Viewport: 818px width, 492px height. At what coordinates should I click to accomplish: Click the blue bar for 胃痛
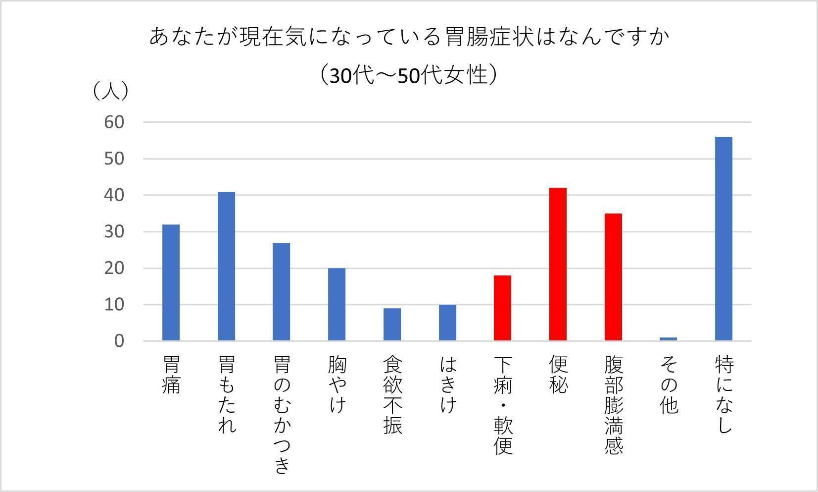point(171,282)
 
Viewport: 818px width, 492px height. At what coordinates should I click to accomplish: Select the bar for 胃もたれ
point(227,266)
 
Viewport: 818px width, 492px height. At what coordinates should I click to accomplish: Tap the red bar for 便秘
point(558,264)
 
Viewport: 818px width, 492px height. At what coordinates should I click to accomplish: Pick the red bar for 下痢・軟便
point(502,308)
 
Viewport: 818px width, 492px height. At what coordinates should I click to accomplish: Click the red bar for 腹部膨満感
point(613,277)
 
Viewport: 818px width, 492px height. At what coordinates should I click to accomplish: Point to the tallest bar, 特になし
point(723,238)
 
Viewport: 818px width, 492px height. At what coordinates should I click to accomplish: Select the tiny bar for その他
point(668,339)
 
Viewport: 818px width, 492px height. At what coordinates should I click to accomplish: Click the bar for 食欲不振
point(392,324)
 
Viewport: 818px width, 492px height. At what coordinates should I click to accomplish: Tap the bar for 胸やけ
point(337,304)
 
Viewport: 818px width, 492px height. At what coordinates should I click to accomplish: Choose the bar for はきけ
point(447,323)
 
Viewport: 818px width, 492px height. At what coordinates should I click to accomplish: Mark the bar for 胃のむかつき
point(282,291)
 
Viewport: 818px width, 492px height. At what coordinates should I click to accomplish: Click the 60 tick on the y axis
point(114,122)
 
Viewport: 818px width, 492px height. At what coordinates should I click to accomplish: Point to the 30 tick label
point(114,232)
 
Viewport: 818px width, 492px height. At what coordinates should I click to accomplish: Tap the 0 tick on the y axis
point(119,341)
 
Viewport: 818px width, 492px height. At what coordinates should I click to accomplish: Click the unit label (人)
point(111,91)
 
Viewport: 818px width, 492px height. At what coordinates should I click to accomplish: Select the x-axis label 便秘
point(558,375)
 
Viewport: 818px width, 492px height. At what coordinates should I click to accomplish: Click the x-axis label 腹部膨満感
point(614,405)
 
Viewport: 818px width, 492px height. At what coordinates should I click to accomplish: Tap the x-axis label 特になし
point(724,395)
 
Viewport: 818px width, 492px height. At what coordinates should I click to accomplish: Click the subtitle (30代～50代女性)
point(408,75)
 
